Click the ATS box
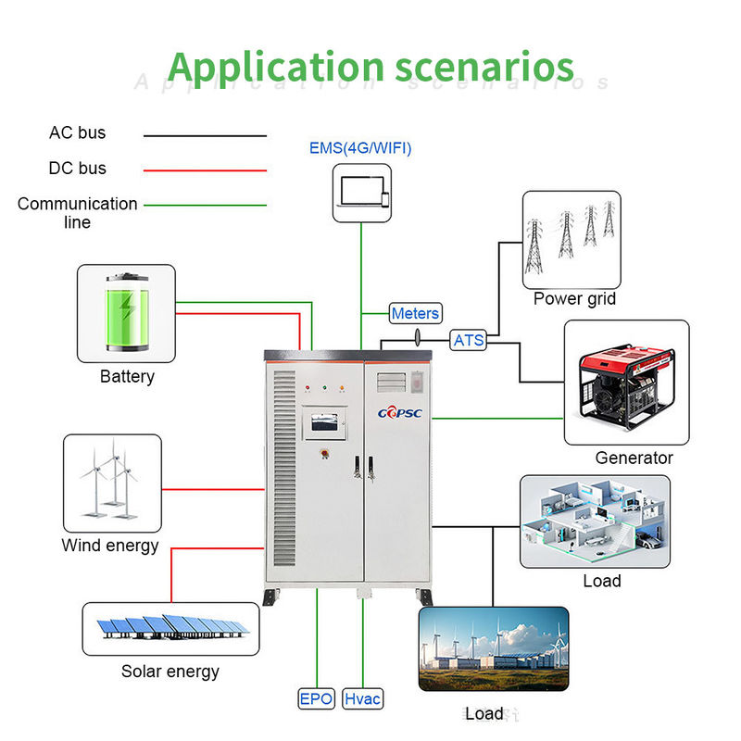469,340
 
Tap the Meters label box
415,314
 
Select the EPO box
316,698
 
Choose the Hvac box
362,698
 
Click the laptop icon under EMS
361,192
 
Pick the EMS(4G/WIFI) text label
360,148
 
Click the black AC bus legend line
205,135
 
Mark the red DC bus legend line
205,170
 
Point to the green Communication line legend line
205,206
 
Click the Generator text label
634,458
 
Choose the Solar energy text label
170,671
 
